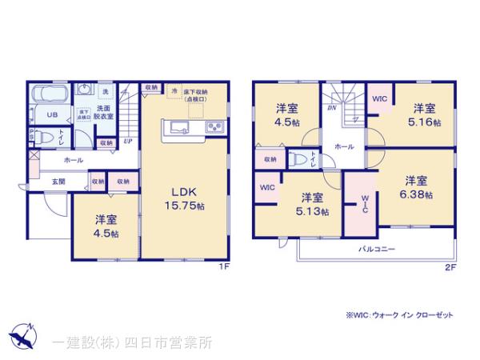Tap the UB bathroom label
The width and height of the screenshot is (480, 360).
pyautogui.click(x=50, y=115)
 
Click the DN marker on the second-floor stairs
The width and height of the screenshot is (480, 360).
pyautogui.click(x=330, y=107)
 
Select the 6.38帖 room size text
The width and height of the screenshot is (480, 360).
pyautogui.click(x=418, y=195)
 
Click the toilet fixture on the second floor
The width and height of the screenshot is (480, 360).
pyautogui.click(x=298, y=159)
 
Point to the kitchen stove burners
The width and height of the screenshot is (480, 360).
pyautogui.click(x=214, y=128)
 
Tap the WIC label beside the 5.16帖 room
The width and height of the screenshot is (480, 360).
pyautogui.click(x=381, y=98)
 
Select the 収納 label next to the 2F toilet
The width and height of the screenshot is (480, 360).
pyautogui.click(x=270, y=160)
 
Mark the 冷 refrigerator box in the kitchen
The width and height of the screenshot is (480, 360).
pyautogui.click(x=174, y=92)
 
